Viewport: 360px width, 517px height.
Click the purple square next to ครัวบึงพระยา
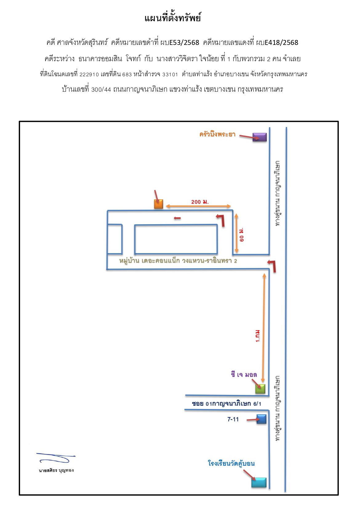point(260,137)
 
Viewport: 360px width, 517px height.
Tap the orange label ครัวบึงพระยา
point(217,134)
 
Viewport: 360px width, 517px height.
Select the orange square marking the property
point(159,204)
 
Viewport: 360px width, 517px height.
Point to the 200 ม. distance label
point(200,202)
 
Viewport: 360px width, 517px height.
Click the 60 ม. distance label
point(241,235)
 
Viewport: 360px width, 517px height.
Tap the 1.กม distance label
point(258,336)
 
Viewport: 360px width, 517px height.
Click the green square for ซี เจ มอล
point(260,389)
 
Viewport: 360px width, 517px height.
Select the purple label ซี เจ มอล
point(244,374)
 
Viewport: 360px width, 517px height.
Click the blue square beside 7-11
point(262,419)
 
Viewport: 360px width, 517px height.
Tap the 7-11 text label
point(233,419)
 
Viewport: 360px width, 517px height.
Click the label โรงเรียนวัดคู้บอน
point(231,463)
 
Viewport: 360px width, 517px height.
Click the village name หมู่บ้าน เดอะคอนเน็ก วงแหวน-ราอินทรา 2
point(178,261)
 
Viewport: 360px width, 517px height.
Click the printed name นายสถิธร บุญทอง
point(56,470)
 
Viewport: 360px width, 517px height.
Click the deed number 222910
point(89,74)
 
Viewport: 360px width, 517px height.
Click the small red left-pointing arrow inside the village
point(177,218)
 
